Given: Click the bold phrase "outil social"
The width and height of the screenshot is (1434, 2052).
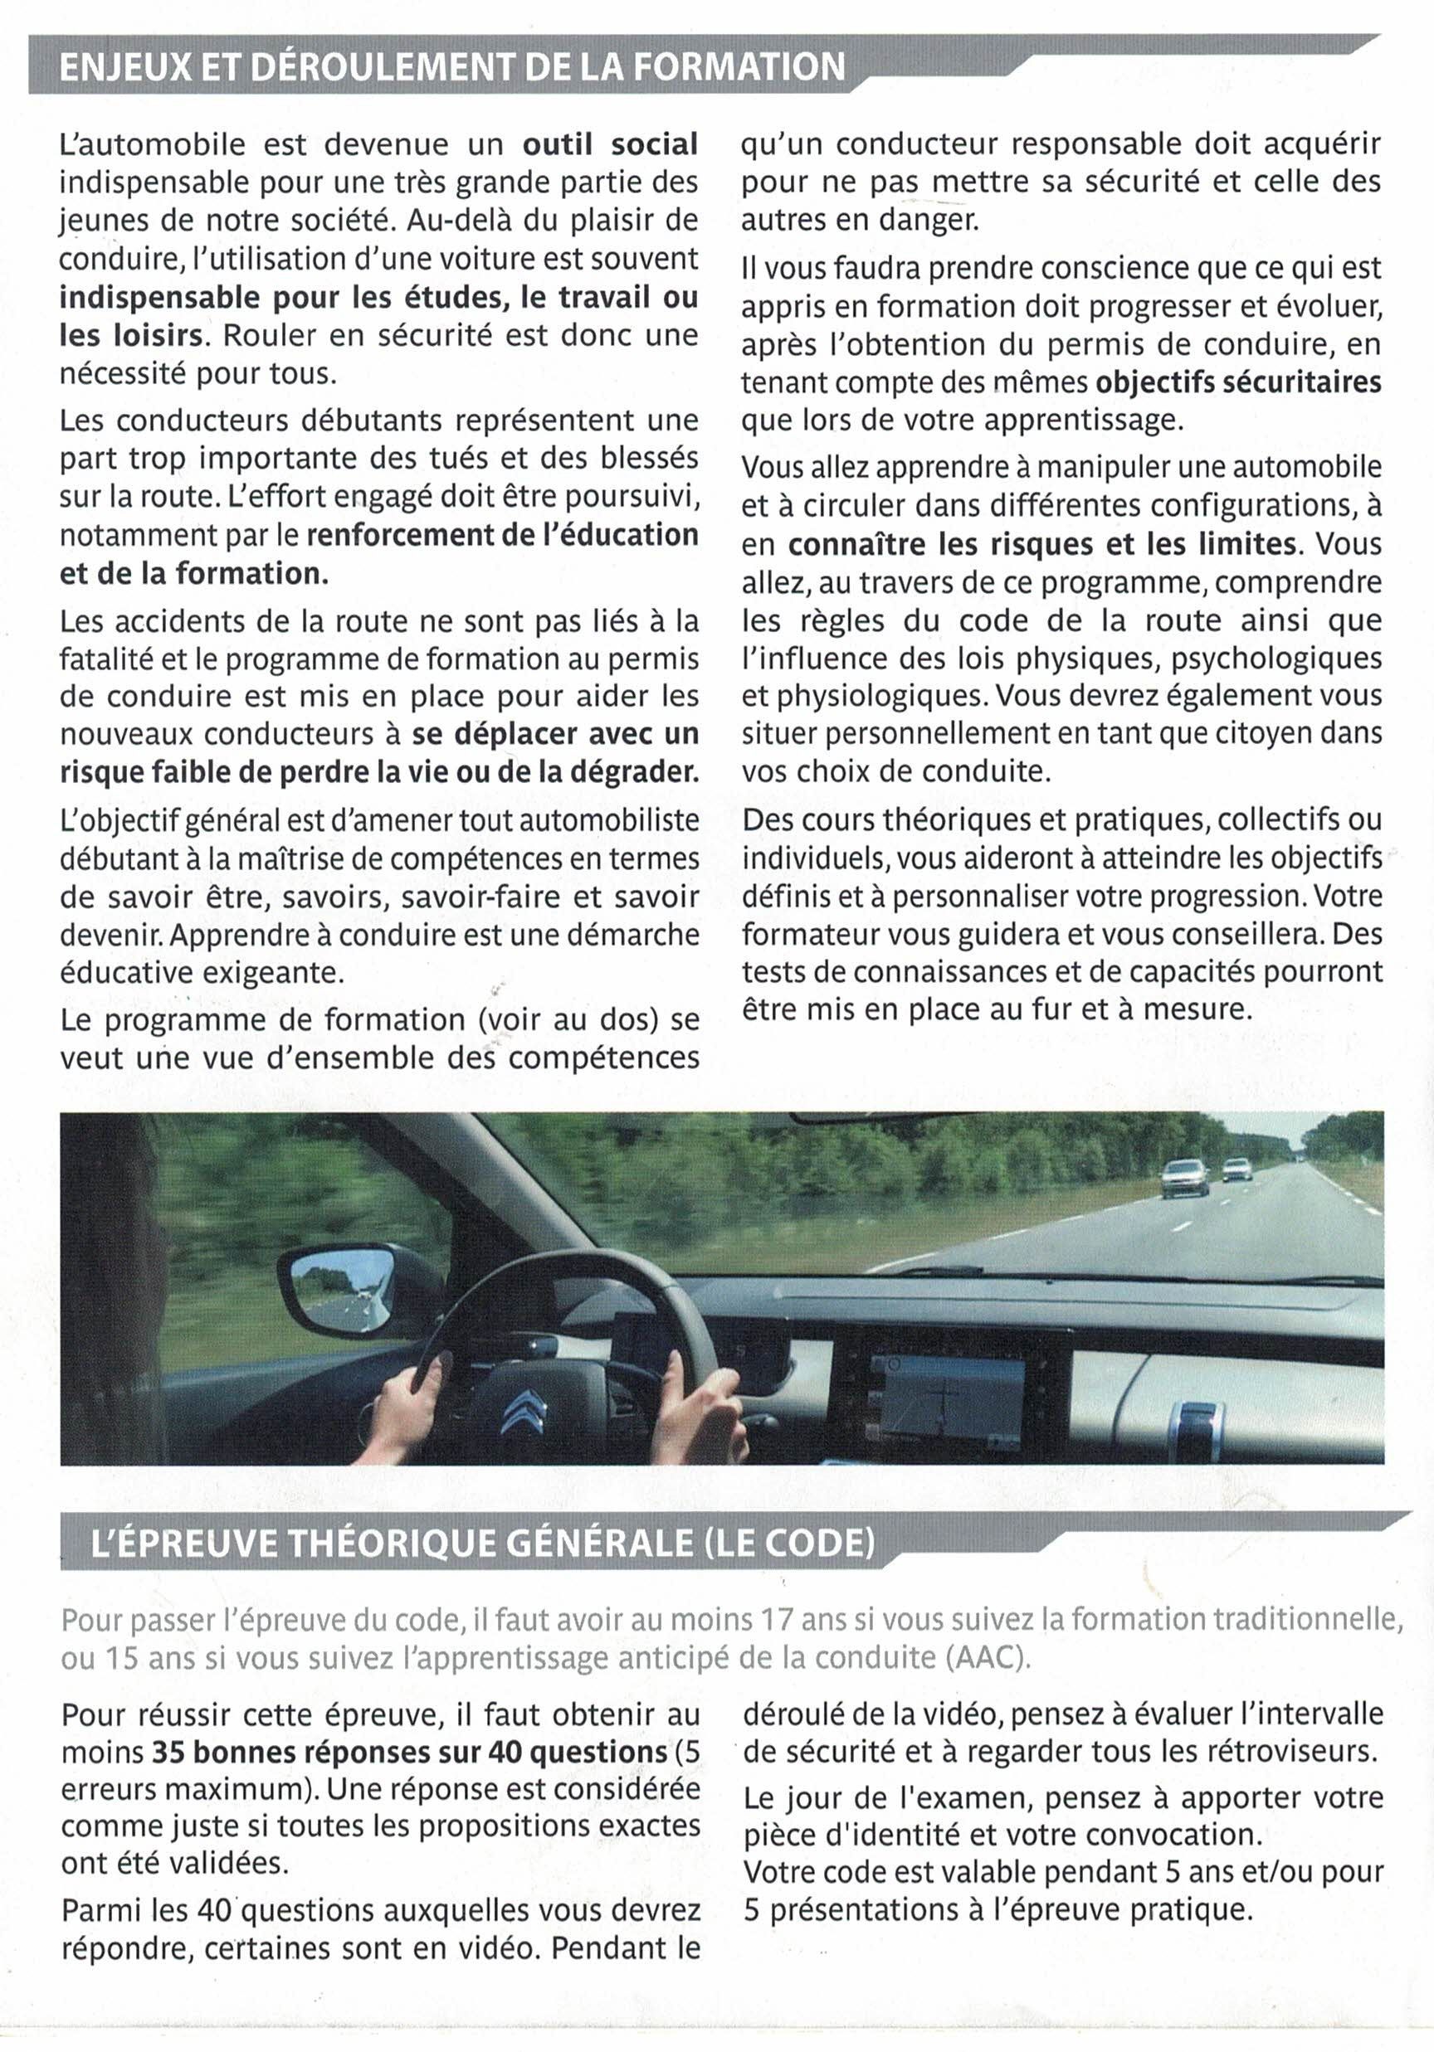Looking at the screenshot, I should click(x=610, y=145).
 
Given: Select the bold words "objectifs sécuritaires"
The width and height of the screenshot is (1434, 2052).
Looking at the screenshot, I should click(x=1238, y=382).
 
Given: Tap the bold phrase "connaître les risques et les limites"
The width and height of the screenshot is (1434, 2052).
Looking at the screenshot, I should click(x=1041, y=543).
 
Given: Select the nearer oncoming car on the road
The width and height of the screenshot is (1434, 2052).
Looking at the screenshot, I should click(x=1183, y=1177).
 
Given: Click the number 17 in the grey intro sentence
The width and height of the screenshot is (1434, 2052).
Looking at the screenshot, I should click(x=775, y=1619).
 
